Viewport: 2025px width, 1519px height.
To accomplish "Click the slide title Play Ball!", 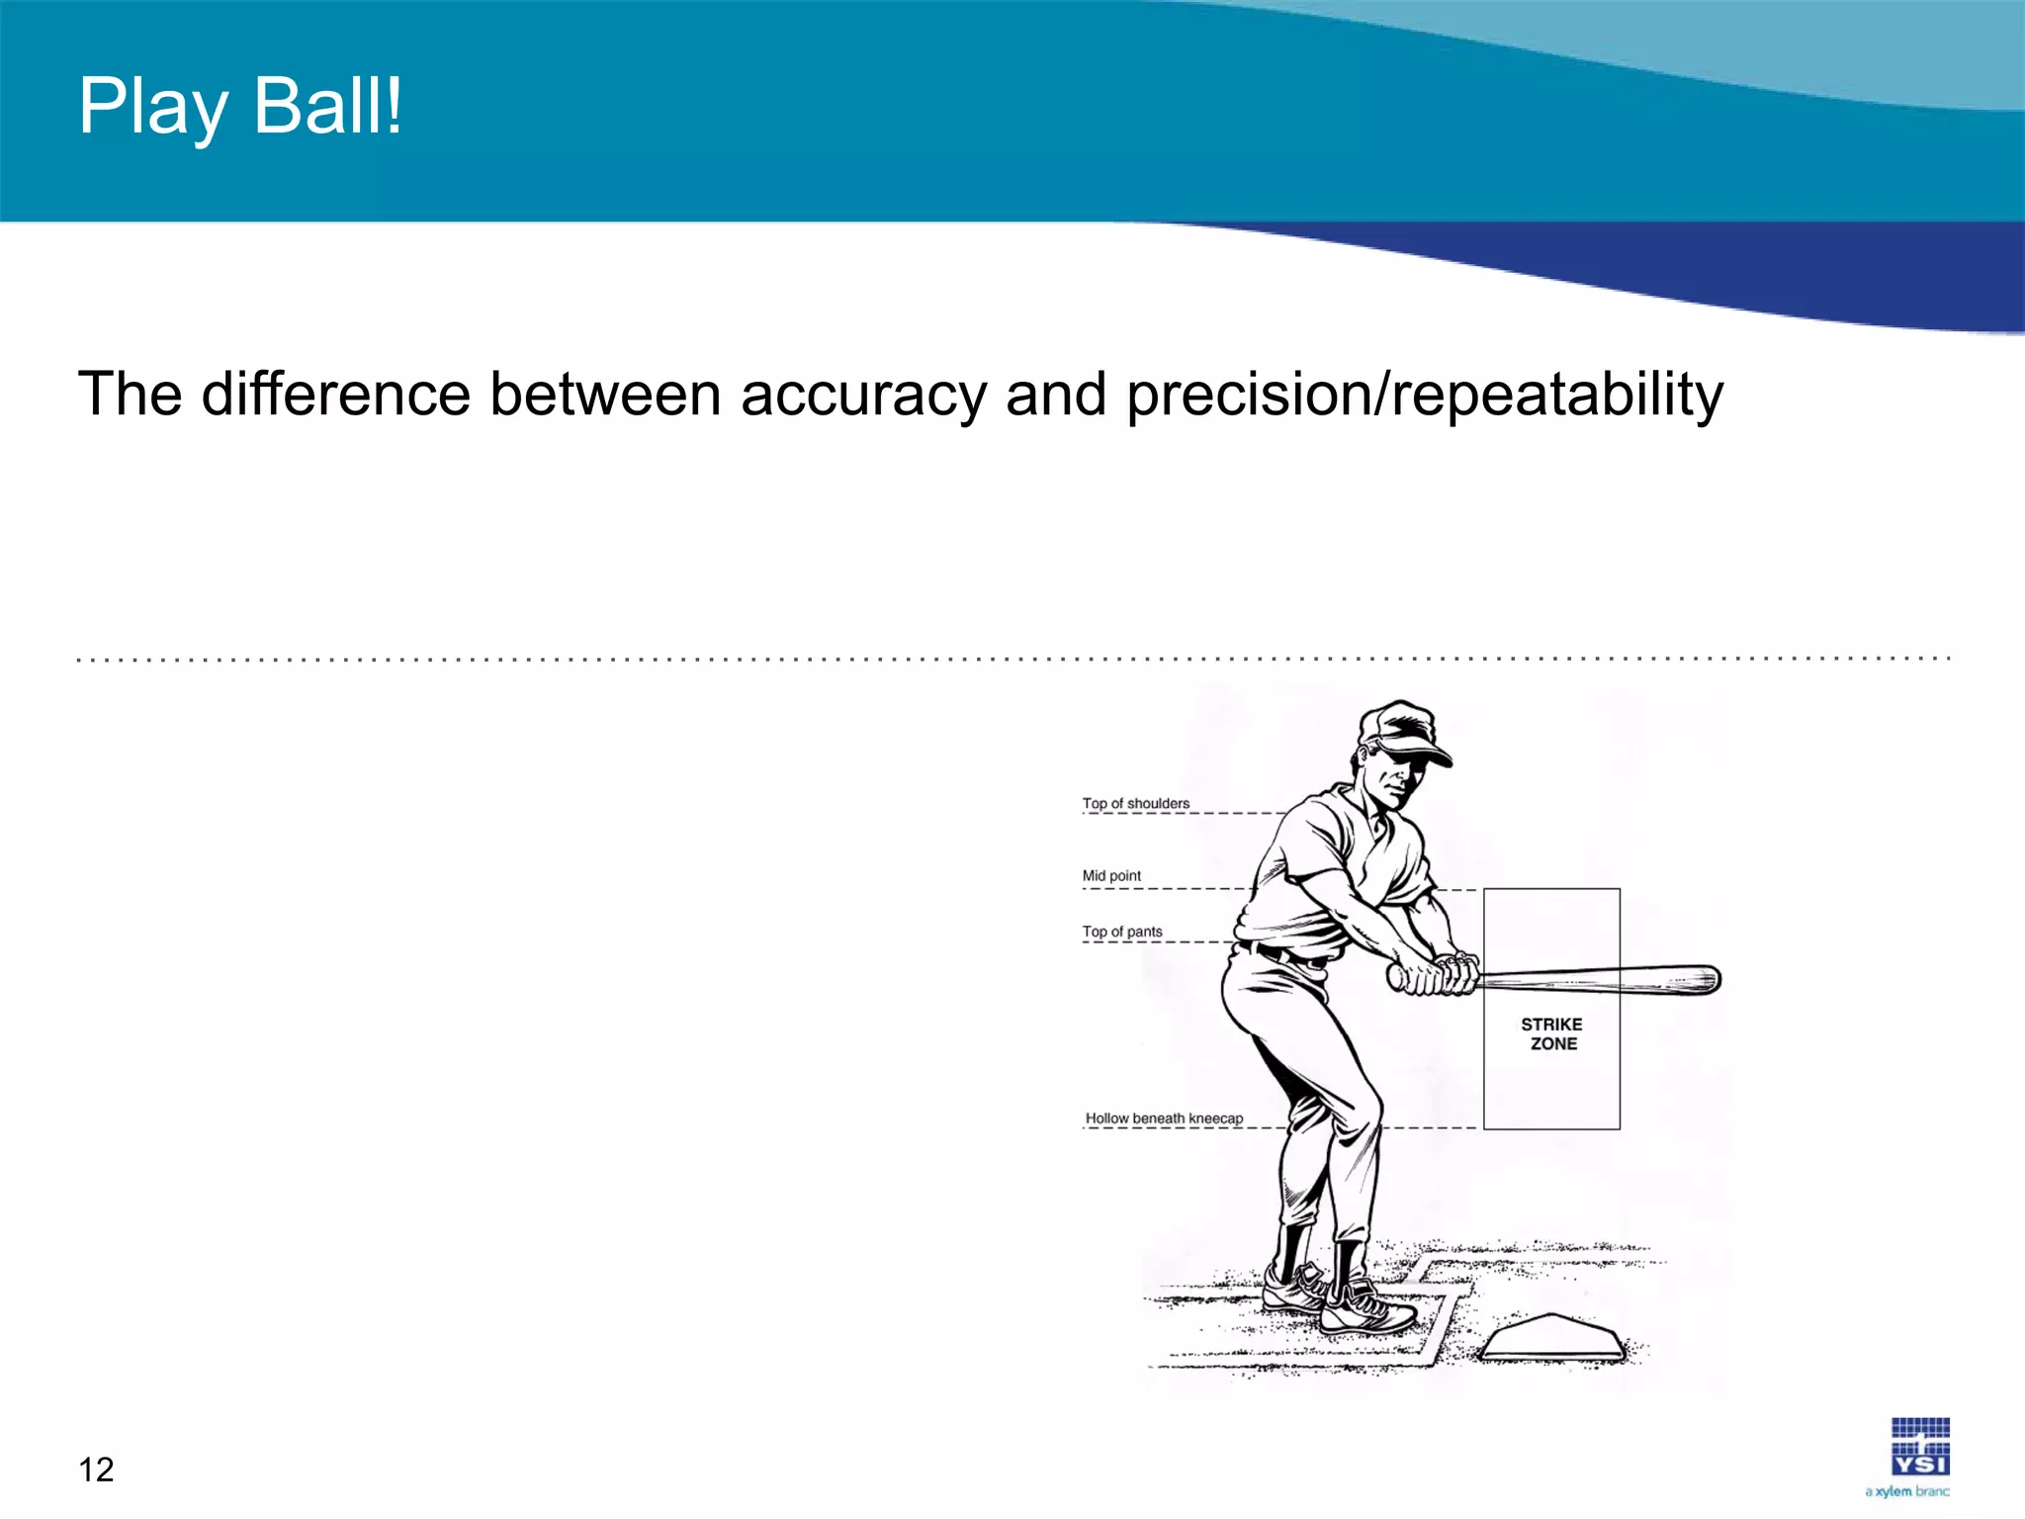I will (240, 107).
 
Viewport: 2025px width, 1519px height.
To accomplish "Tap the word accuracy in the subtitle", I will (863, 395).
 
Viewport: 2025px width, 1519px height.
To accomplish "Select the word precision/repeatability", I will (1424, 395).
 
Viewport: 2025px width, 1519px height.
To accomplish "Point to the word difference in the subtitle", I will (335, 395).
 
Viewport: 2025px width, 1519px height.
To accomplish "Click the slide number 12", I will (96, 1470).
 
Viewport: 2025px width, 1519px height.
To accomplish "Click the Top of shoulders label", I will (1135, 803).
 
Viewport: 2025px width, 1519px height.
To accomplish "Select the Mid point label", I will (1111, 875).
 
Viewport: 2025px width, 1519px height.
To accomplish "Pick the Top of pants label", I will (1122, 932).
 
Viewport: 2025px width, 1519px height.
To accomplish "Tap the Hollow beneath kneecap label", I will (1164, 1118).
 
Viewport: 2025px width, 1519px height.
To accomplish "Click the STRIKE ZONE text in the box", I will (1552, 1033).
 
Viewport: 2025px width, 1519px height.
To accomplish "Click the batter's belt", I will (1285, 955).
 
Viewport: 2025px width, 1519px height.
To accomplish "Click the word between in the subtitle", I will (605, 395).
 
